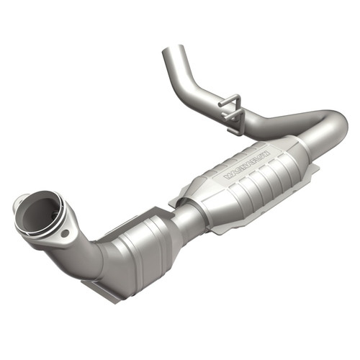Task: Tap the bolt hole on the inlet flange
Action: (x=66, y=233)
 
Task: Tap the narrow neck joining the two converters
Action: (x=189, y=213)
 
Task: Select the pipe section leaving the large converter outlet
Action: (x=317, y=140)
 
